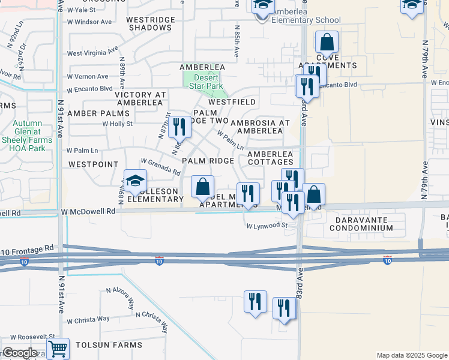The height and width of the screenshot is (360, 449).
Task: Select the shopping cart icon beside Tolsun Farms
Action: coord(58,348)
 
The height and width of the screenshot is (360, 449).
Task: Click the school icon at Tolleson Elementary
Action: coord(136,181)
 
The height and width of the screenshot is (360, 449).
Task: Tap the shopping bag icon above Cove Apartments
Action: coord(327,43)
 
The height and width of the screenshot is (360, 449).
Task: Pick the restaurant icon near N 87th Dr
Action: coord(179,127)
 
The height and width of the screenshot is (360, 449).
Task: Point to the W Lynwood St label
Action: coord(267,226)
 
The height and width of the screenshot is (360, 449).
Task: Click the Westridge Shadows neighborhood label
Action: coord(150,23)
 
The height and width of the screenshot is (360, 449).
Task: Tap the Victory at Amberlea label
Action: coord(140,98)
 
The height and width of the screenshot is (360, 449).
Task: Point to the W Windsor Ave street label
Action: coord(89,22)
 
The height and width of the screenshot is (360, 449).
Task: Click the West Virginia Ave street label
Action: coord(91,53)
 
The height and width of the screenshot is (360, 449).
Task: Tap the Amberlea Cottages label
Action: coord(270,158)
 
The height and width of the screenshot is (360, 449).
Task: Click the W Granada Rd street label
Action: coord(160,166)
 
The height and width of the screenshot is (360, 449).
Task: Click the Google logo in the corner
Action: coord(20,353)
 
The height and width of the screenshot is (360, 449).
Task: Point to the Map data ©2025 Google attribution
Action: coord(411,355)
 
